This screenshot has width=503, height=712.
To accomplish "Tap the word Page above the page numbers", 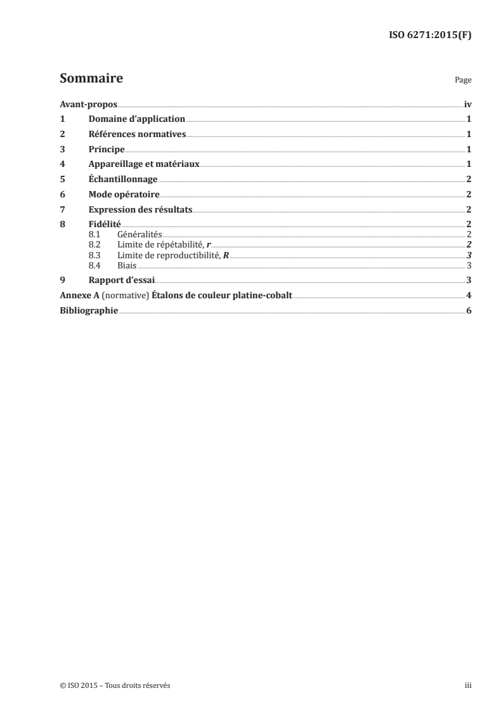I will click(x=463, y=81).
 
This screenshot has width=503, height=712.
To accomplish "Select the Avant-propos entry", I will click(x=88, y=103).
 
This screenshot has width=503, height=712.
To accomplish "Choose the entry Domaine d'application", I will click(x=136, y=119).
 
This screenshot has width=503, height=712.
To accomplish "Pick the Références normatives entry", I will click(x=137, y=134).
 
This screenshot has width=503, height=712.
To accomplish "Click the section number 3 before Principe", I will click(x=62, y=149).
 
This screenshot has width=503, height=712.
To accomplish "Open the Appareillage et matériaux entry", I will click(x=144, y=164).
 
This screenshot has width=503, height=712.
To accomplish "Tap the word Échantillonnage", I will click(x=123, y=180).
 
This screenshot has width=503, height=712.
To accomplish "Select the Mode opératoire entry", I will click(x=124, y=195).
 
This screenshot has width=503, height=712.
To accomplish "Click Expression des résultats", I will click(x=140, y=209).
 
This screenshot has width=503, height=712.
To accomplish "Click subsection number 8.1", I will click(x=95, y=235).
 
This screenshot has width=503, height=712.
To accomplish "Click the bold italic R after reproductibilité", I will click(x=226, y=255).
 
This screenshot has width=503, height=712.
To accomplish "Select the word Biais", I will click(x=127, y=265).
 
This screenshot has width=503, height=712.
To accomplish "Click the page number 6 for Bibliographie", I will click(x=468, y=310).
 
